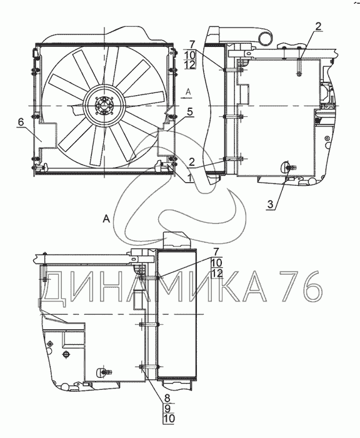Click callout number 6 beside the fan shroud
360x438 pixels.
click(21, 122)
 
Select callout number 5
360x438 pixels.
click(190, 112)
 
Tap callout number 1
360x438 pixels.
click(189, 178)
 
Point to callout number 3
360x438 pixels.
click(271, 204)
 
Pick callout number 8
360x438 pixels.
click(167, 397)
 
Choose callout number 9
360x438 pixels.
click(167, 408)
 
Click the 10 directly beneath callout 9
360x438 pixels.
click(169, 419)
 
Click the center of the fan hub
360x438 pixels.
click(104, 106)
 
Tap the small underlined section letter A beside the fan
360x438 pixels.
click(188, 92)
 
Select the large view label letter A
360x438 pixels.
click(106, 219)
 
